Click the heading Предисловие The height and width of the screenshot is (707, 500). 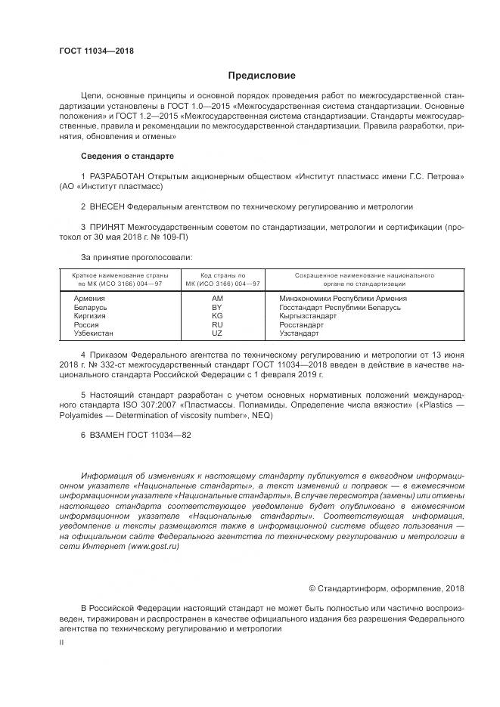pyautogui.click(x=262, y=76)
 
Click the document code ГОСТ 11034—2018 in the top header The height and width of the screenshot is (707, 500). pyautogui.click(x=96, y=51)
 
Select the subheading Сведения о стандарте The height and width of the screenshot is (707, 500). pyautogui.click(x=127, y=156)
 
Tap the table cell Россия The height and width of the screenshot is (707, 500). pyautogui.click(x=85, y=324)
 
